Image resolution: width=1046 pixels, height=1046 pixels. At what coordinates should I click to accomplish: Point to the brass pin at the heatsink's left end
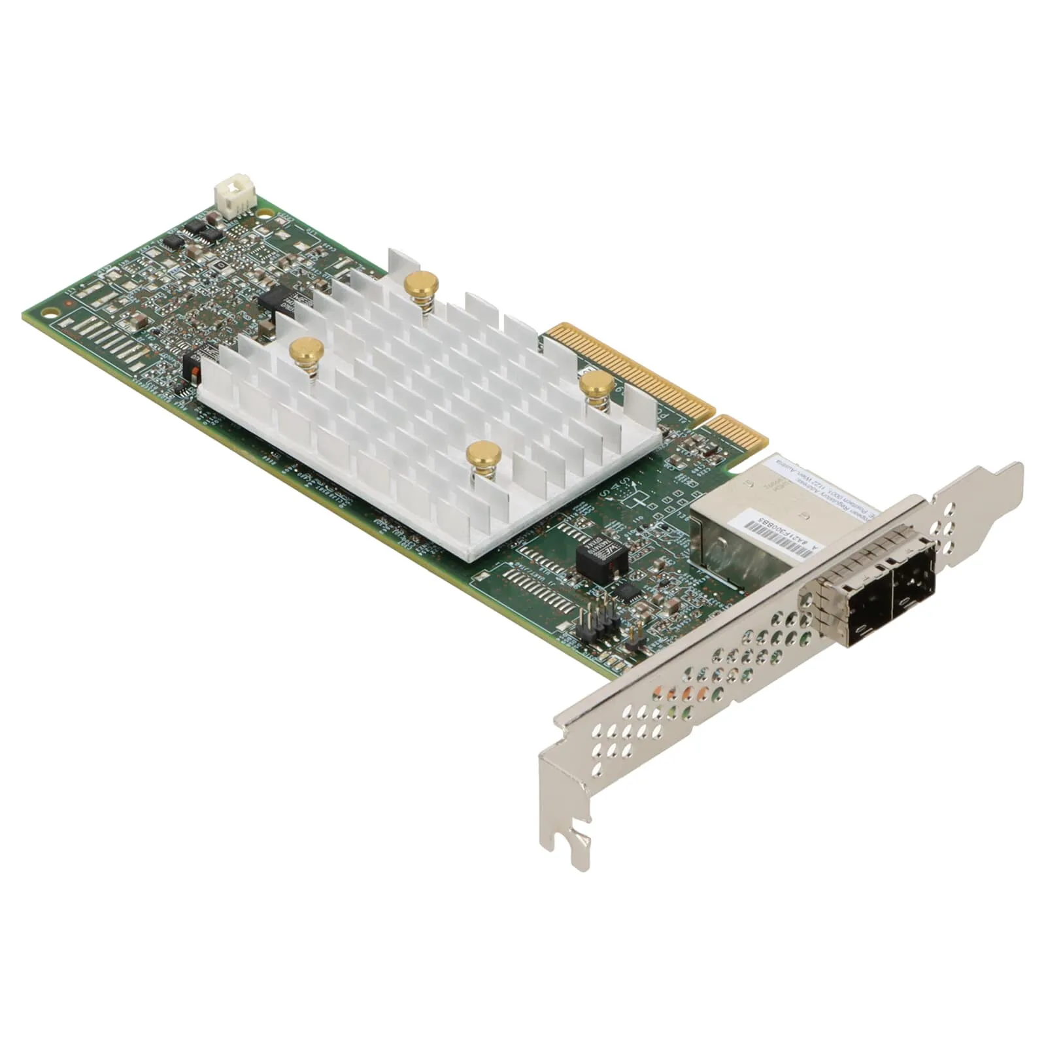(306, 350)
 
